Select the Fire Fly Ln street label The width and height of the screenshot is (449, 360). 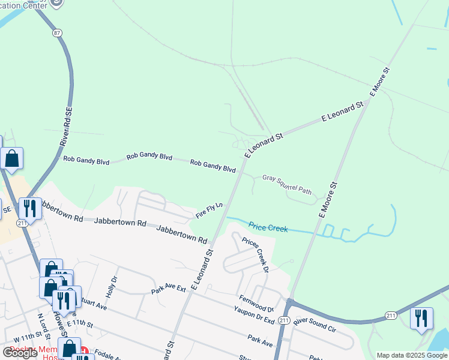click(x=209, y=210)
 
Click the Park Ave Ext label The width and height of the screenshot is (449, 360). click(x=169, y=290)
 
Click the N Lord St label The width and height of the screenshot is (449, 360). click(x=41, y=323)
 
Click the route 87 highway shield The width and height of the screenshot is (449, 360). click(x=57, y=32)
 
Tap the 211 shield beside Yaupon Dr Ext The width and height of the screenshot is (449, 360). click(x=284, y=321)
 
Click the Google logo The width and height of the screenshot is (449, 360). click(x=20, y=353)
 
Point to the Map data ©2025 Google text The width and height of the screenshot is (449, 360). click(x=412, y=355)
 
